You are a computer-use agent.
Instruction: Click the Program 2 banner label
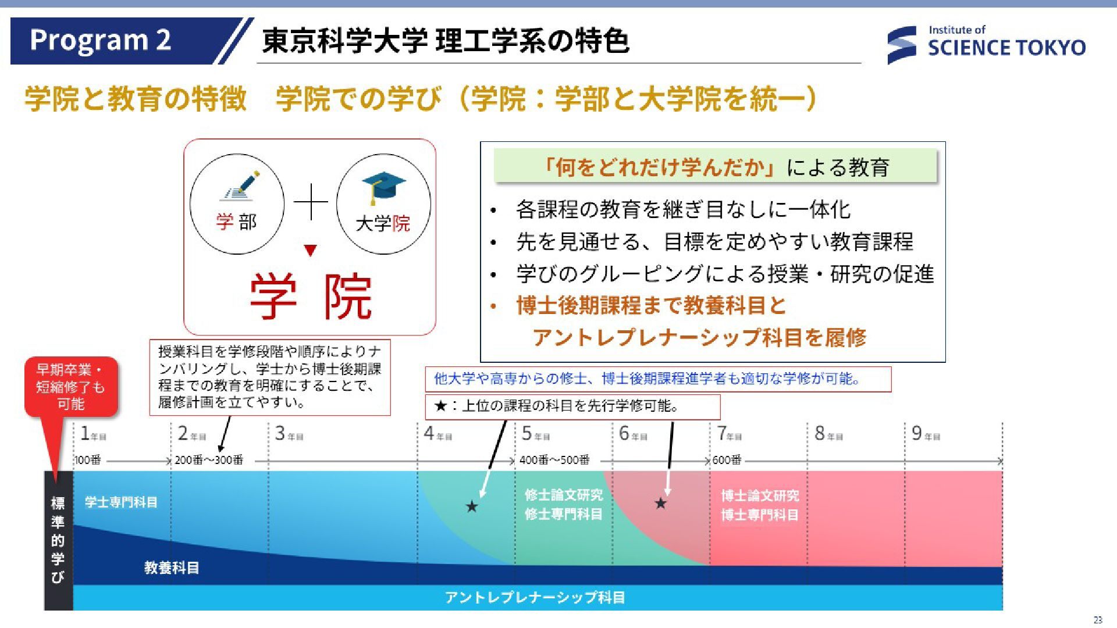100,40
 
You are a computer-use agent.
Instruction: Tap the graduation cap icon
383,187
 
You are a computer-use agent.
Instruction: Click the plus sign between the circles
311,202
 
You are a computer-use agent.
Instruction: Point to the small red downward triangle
311,251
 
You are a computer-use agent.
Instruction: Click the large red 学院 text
311,297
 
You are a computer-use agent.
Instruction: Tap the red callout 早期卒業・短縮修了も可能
70,387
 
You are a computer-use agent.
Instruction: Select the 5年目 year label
535,434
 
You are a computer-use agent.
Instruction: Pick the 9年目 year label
926,434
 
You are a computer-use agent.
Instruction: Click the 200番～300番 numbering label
209,460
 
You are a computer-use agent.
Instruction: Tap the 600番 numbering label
727,460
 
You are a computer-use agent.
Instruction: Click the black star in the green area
472,506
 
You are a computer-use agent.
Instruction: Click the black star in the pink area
660,503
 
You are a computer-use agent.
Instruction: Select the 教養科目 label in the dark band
172,568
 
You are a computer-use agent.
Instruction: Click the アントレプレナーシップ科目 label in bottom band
535,597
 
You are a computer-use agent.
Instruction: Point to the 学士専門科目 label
121,502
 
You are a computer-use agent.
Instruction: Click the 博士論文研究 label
760,495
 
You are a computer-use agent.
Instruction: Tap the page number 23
1098,620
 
